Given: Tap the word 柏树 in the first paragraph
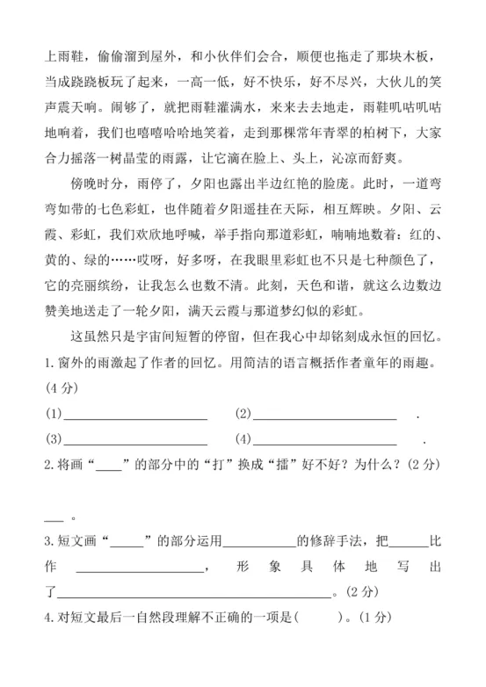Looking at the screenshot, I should coord(361,136).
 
